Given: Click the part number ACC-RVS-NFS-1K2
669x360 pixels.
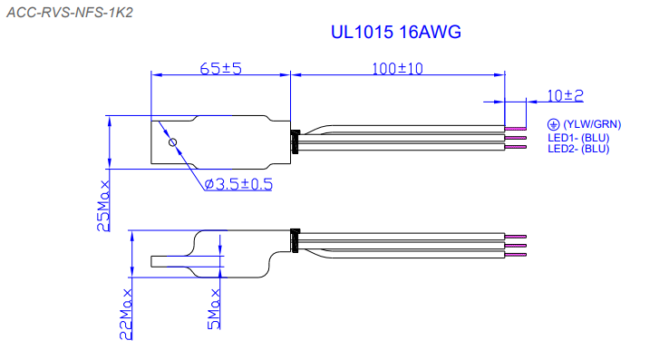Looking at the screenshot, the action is click(70, 13).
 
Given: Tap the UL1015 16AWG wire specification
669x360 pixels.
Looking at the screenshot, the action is click(396, 32).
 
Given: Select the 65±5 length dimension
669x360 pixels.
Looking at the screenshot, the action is click(220, 68).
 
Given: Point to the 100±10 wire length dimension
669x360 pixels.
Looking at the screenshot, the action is click(397, 68).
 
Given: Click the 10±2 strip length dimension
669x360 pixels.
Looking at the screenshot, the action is click(565, 95).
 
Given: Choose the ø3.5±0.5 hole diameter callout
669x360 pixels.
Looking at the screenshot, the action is click(238, 184).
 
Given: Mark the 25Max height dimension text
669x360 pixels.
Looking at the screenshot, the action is click(103, 206).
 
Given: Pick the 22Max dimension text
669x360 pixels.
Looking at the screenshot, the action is click(126, 315).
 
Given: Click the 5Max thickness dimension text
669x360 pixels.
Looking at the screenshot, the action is click(214, 309).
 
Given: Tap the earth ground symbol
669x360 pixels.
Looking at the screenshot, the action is click(553, 124).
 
